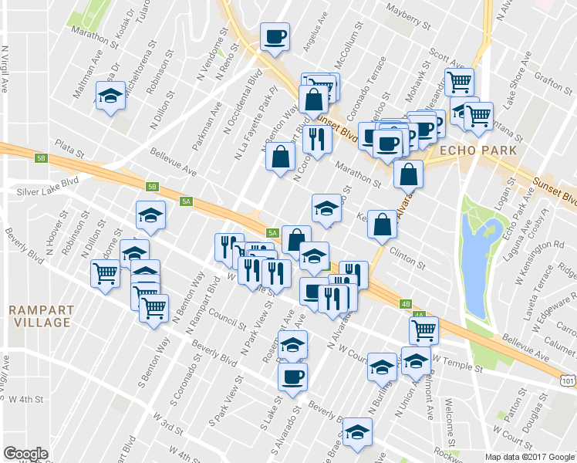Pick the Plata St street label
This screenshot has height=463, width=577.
[69, 146]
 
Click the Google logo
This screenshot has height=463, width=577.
[25, 454]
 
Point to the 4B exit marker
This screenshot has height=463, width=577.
[407, 303]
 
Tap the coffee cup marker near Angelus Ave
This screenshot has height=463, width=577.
[275, 36]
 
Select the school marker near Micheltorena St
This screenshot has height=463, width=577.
[110, 97]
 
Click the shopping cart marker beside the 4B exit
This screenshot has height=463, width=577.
[423, 330]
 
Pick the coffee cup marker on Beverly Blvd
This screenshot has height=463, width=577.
[292, 376]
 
